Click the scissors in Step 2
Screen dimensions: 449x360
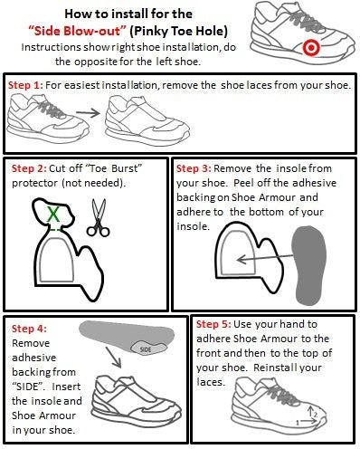click(x=97, y=217)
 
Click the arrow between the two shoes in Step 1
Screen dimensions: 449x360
click(x=88, y=115)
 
